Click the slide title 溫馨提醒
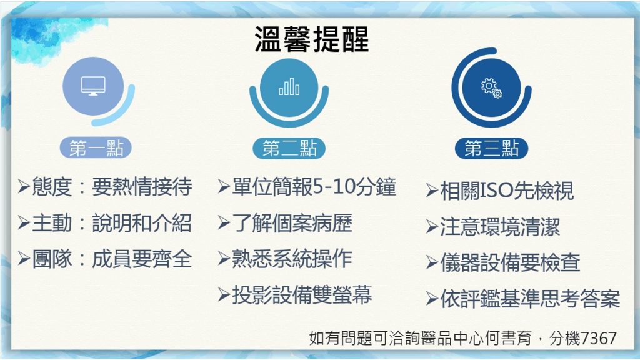click(311, 39)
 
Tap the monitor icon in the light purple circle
click(93, 86)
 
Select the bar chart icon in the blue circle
click(289, 86)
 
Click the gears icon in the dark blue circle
click(491, 88)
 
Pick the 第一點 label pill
click(96, 147)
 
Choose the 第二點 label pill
click(289, 148)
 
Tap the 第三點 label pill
click(491, 148)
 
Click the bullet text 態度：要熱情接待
click(112, 187)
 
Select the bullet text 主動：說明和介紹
click(112, 223)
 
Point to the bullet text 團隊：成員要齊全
click(112, 259)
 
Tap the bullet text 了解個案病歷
click(292, 223)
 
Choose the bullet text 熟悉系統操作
click(292, 259)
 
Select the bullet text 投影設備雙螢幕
click(302, 295)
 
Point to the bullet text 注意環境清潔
click(500, 227)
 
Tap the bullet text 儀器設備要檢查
click(510, 263)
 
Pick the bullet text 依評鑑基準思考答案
click(530, 299)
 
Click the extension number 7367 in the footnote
click(598, 338)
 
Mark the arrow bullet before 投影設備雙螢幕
click(224, 295)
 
